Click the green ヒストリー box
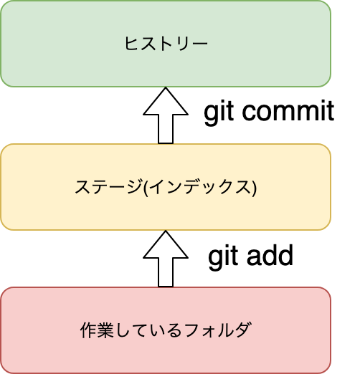click(x=166, y=44)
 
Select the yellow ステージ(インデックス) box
click(x=166, y=187)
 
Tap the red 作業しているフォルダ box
click(x=166, y=330)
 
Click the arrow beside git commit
click(x=166, y=115)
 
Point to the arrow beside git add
click(x=166, y=259)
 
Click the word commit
click(x=288, y=111)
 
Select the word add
click(x=270, y=255)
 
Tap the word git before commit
click(x=219, y=112)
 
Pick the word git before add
click(x=223, y=257)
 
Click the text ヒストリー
click(x=166, y=44)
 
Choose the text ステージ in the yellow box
click(x=108, y=186)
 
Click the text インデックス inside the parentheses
click(x=200, y=186)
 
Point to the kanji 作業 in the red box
click(x=97, y=330)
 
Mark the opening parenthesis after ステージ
click(x=146, y=188)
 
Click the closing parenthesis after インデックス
click(x=254, y=188)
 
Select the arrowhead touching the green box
click(x=166, y=101)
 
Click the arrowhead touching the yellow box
click(x=166, y=244)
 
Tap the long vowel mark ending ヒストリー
click(x=199, y=44)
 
